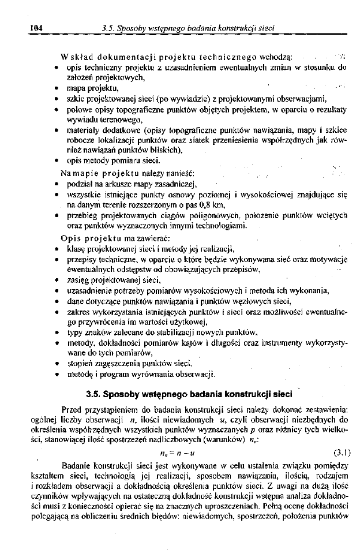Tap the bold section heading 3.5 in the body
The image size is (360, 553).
pyautogui.click(x=188, y=395)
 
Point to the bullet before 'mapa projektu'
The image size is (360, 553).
pyautogui.click(x=54, y=89)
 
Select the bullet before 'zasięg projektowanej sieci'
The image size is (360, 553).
pyautogui.click(x=54, y=280)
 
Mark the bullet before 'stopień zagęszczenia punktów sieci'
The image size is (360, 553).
pyautogui.click(x=54, y=364)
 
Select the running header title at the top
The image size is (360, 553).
pyautogui.click(x=187, y=27)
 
